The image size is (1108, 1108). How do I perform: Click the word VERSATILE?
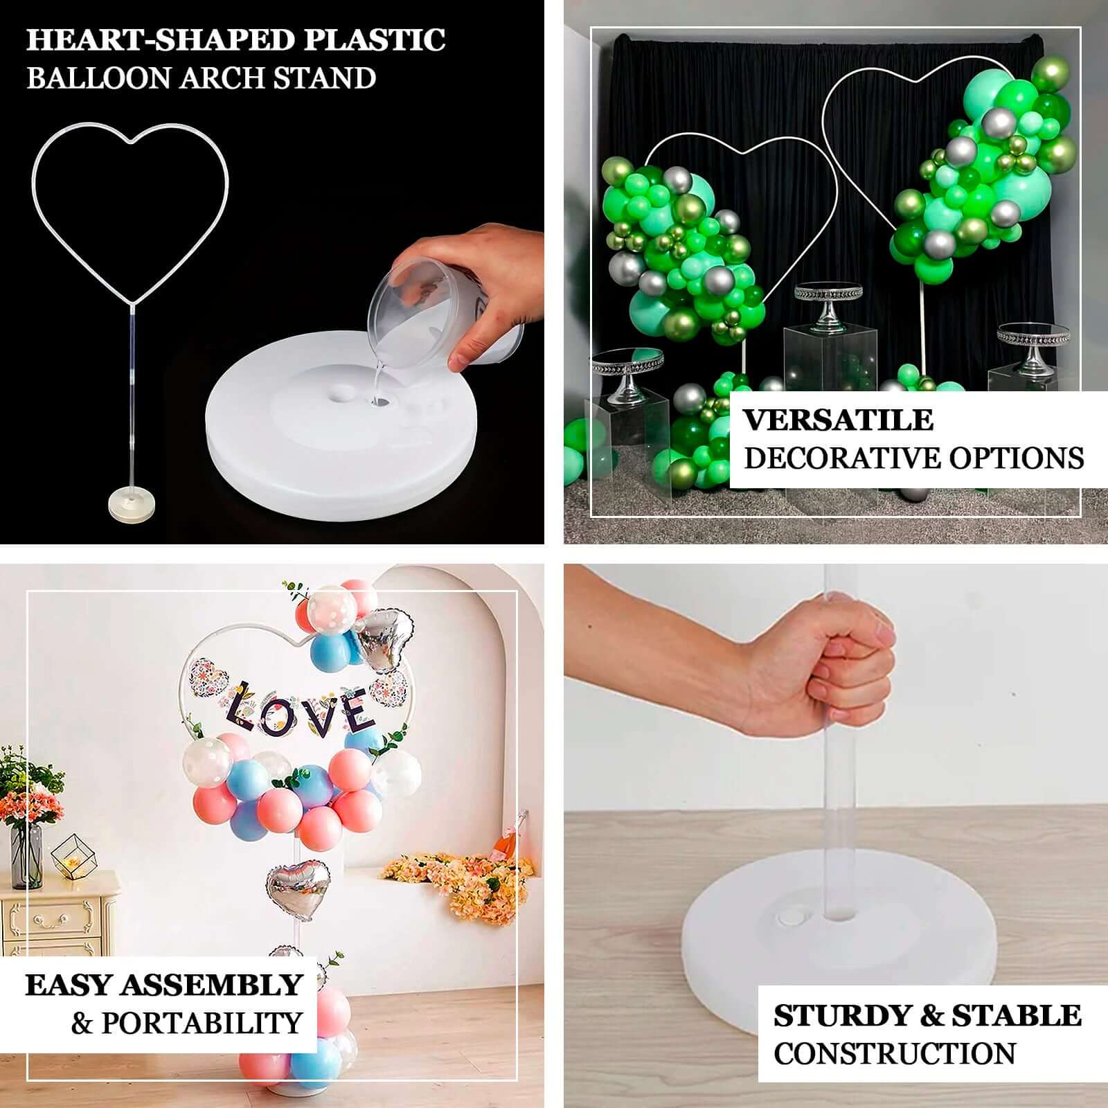pos(838,420)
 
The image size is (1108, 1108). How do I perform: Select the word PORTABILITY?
pos(202,1023)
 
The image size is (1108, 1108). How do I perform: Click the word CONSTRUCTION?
pos(894,1054)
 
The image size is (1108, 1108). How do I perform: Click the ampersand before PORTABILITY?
pos(82,1023)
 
